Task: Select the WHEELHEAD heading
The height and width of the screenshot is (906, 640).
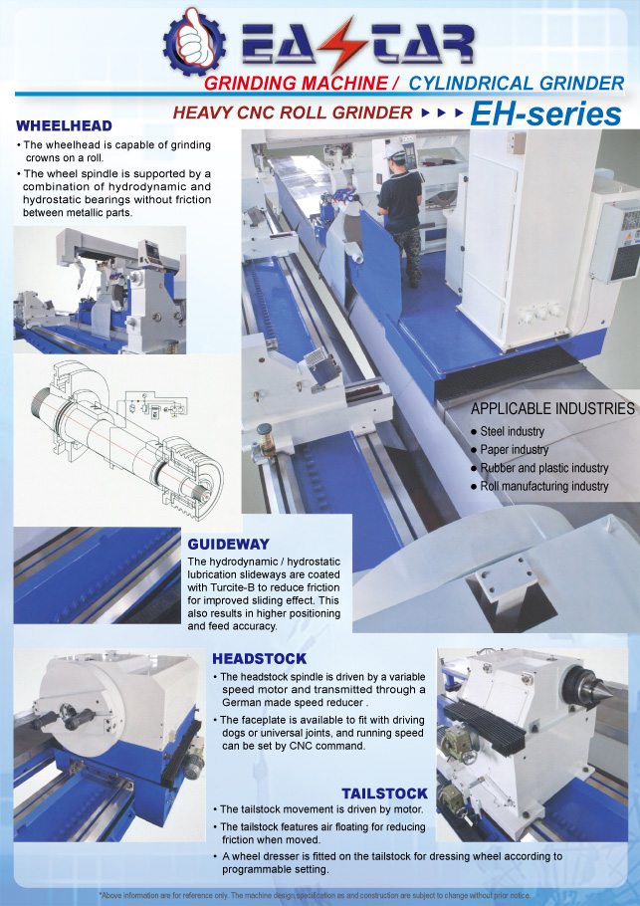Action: coord(64,125)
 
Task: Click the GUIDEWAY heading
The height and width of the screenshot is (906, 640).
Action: coord(228,544)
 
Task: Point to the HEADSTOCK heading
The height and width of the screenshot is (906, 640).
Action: coord(259,659)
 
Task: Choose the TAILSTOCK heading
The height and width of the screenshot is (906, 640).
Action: coord(384,793)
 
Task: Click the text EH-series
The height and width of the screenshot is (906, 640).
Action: coord(545,113)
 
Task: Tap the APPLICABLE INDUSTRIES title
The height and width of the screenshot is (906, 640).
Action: coord(552,408)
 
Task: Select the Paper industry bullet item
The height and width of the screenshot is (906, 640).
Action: coord(510,450)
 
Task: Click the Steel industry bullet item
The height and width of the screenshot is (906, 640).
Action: coord(508,431)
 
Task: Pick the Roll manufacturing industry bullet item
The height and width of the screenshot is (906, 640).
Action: coord(539,486)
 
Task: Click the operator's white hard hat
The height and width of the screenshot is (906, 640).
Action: coord(396,150)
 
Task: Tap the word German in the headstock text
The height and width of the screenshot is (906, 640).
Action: coord(242,703)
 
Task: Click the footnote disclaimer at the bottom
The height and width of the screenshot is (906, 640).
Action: coord(315,895)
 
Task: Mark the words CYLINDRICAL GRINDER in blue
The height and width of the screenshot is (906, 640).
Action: coord(517,84)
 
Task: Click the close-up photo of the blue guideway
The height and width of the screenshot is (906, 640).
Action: coord(97,574)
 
